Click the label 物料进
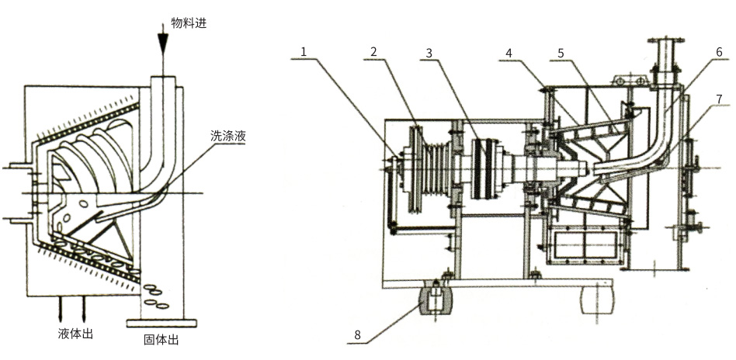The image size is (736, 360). coord(189,24)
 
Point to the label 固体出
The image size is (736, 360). coord(161,340)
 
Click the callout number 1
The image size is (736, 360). coord(304,52)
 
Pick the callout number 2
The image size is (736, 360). coord(373,52)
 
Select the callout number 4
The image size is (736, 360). coord(509,53)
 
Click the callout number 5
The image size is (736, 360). coord(560,53)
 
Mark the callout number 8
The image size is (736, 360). coord(358,336)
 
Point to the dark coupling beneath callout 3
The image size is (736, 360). coord(486,167)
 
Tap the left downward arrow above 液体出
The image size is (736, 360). coord(59,310)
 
